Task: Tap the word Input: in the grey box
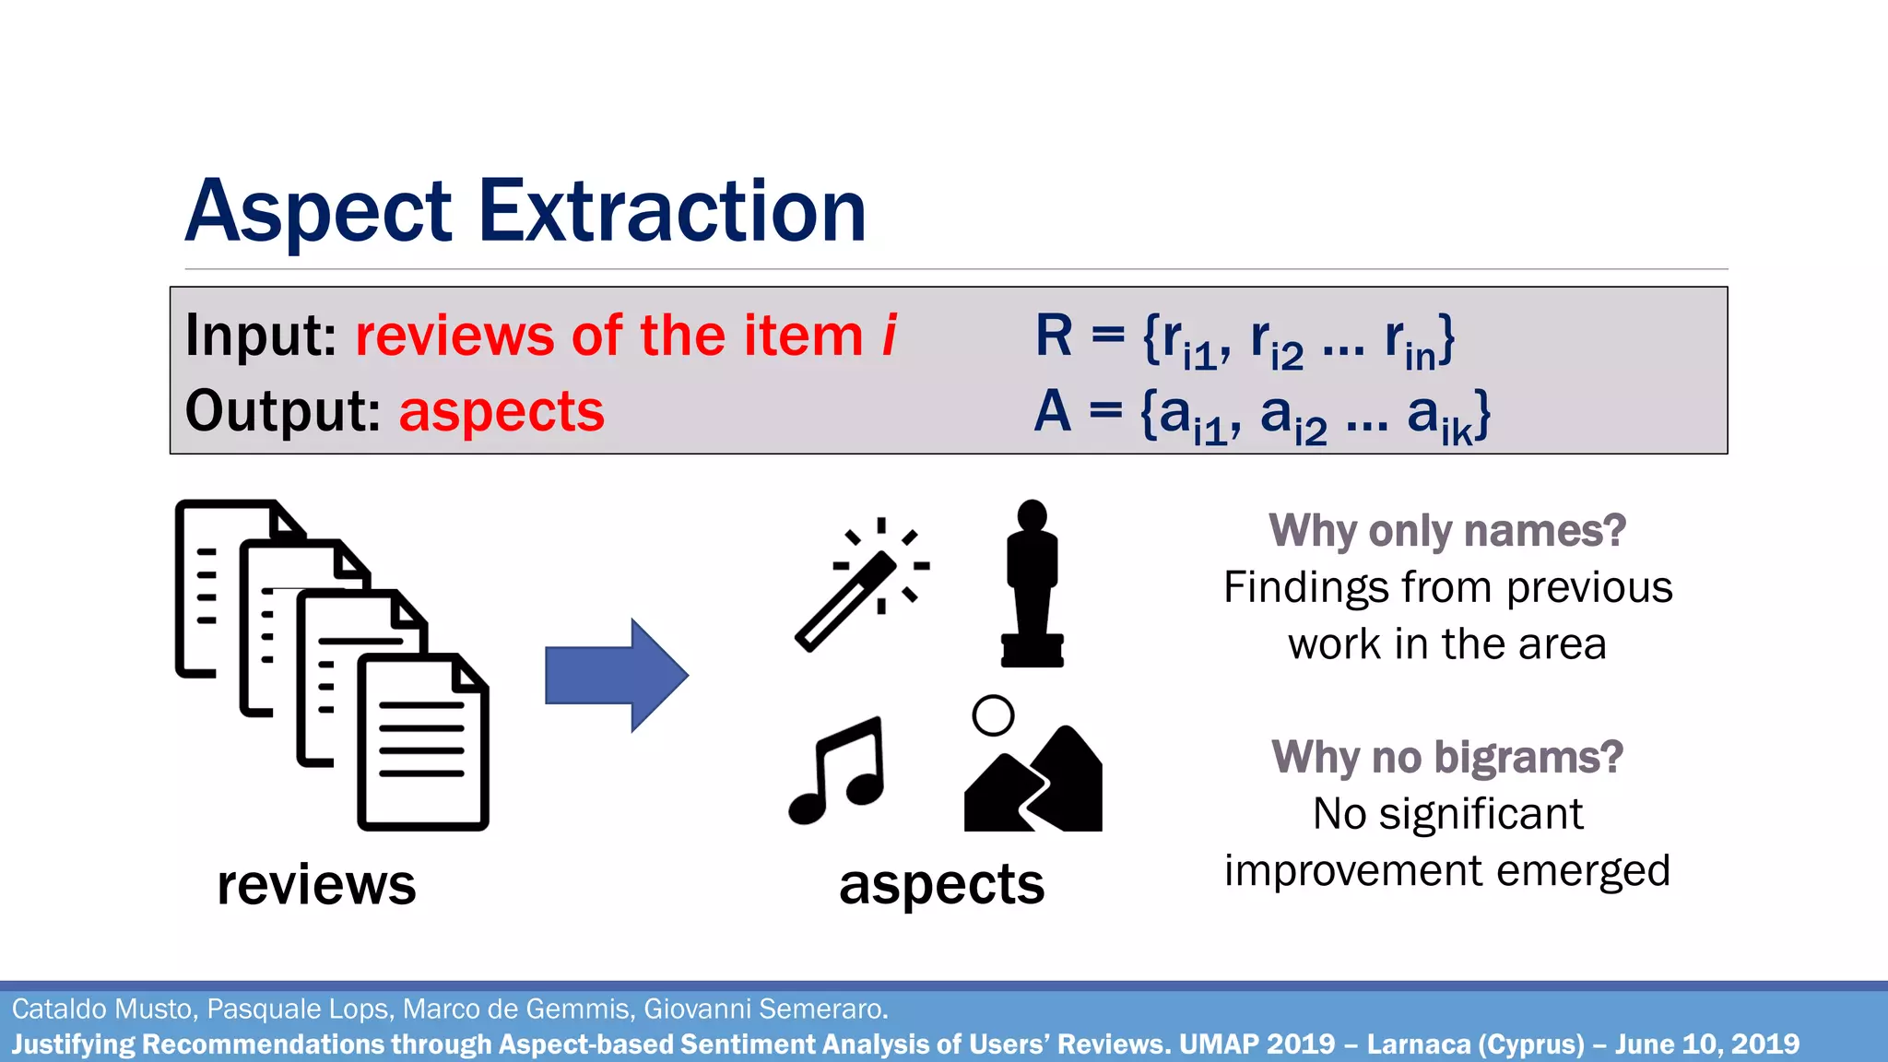click(261, 335)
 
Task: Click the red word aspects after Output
click(501, 412)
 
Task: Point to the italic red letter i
click(889, 335)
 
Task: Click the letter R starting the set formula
click(1054, 335)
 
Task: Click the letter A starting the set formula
click(1052, 411)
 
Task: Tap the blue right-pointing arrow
click(616, 676)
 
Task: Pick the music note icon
click(837, 770)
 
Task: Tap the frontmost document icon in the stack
click(423, 742)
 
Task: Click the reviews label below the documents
click(316, 885)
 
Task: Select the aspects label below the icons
click(941, 885)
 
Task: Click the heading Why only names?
click(1446, 531)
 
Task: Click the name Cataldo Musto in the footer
click(103, 1009)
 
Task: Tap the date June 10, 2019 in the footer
click(1706, 1044)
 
